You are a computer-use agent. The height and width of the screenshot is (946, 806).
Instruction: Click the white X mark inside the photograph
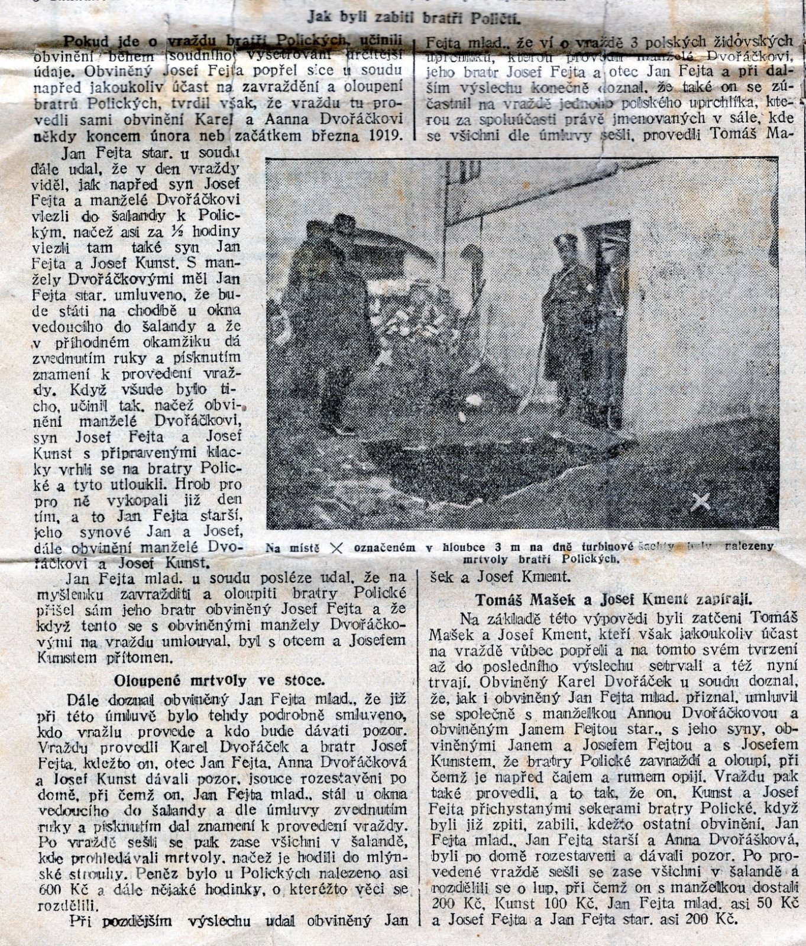(x=701, y=501)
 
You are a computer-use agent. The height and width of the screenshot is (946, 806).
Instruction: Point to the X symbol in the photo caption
(x=336, y=548)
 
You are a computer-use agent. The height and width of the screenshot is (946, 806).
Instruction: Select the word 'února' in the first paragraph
(x=156, y=135)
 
